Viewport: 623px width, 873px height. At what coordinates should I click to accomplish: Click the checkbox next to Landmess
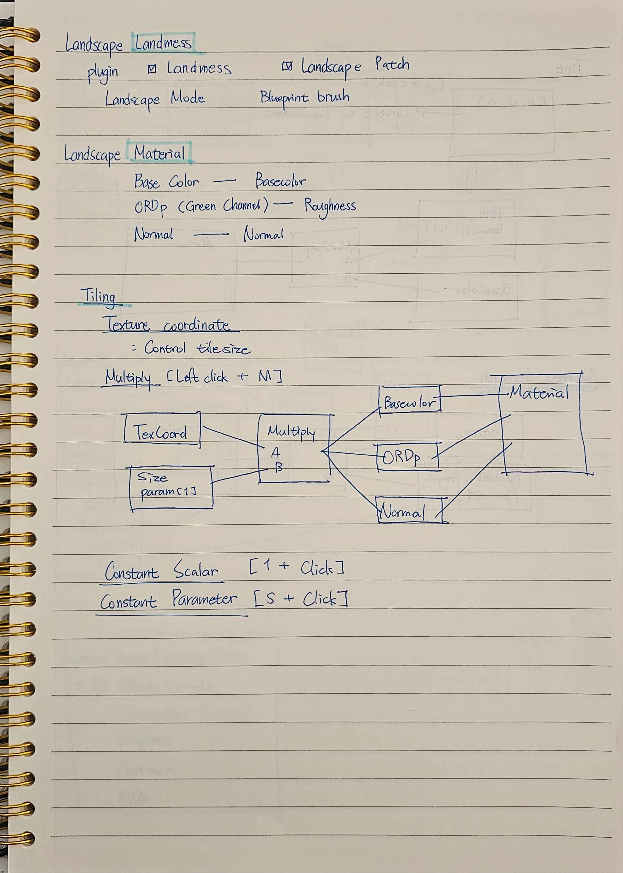click(x=152, y=69)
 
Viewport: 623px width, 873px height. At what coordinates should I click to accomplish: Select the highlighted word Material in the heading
click(x=159, y=153)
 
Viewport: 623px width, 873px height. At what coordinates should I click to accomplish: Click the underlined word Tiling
click(x=98, y=296)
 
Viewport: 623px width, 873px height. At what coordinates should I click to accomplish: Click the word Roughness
click(x=330, y=206)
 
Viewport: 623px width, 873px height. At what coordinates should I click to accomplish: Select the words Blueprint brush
click(x=304, y=98)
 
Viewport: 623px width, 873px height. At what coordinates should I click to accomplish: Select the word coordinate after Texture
click(x=197, y=325)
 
